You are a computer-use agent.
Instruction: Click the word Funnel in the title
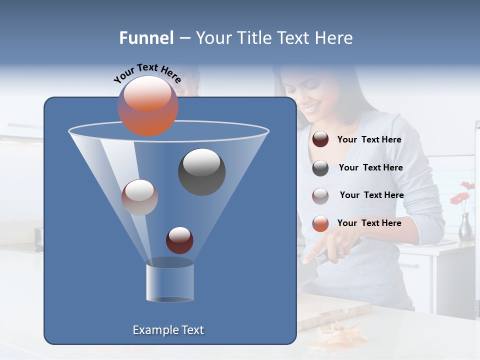[x=146, y=38]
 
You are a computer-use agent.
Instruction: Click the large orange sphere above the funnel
[x=147, y=105]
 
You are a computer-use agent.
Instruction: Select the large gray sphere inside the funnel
[x=202, y=171]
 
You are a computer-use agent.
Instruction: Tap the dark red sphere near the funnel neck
[x=179, y=240]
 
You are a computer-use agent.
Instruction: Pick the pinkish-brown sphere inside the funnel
[x=139, y=197]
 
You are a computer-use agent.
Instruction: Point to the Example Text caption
[x=168, y=330]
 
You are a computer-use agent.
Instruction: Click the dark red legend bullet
[x=320, y=139]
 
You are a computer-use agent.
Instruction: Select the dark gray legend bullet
[x=320, y=168]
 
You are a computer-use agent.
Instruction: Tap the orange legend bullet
[x=320, y=223]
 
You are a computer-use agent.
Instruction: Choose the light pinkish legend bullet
[x=320, y=196]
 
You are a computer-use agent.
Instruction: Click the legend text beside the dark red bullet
[x=369, y=140]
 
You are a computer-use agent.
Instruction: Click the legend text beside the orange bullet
[x=369, y=223]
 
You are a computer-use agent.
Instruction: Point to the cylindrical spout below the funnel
[x=169, y=282]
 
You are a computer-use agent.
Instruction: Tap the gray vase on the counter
[x=465, y=227]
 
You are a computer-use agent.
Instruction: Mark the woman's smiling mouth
[x=310, y=108]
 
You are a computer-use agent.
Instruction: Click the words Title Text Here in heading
[x=289, y=38]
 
